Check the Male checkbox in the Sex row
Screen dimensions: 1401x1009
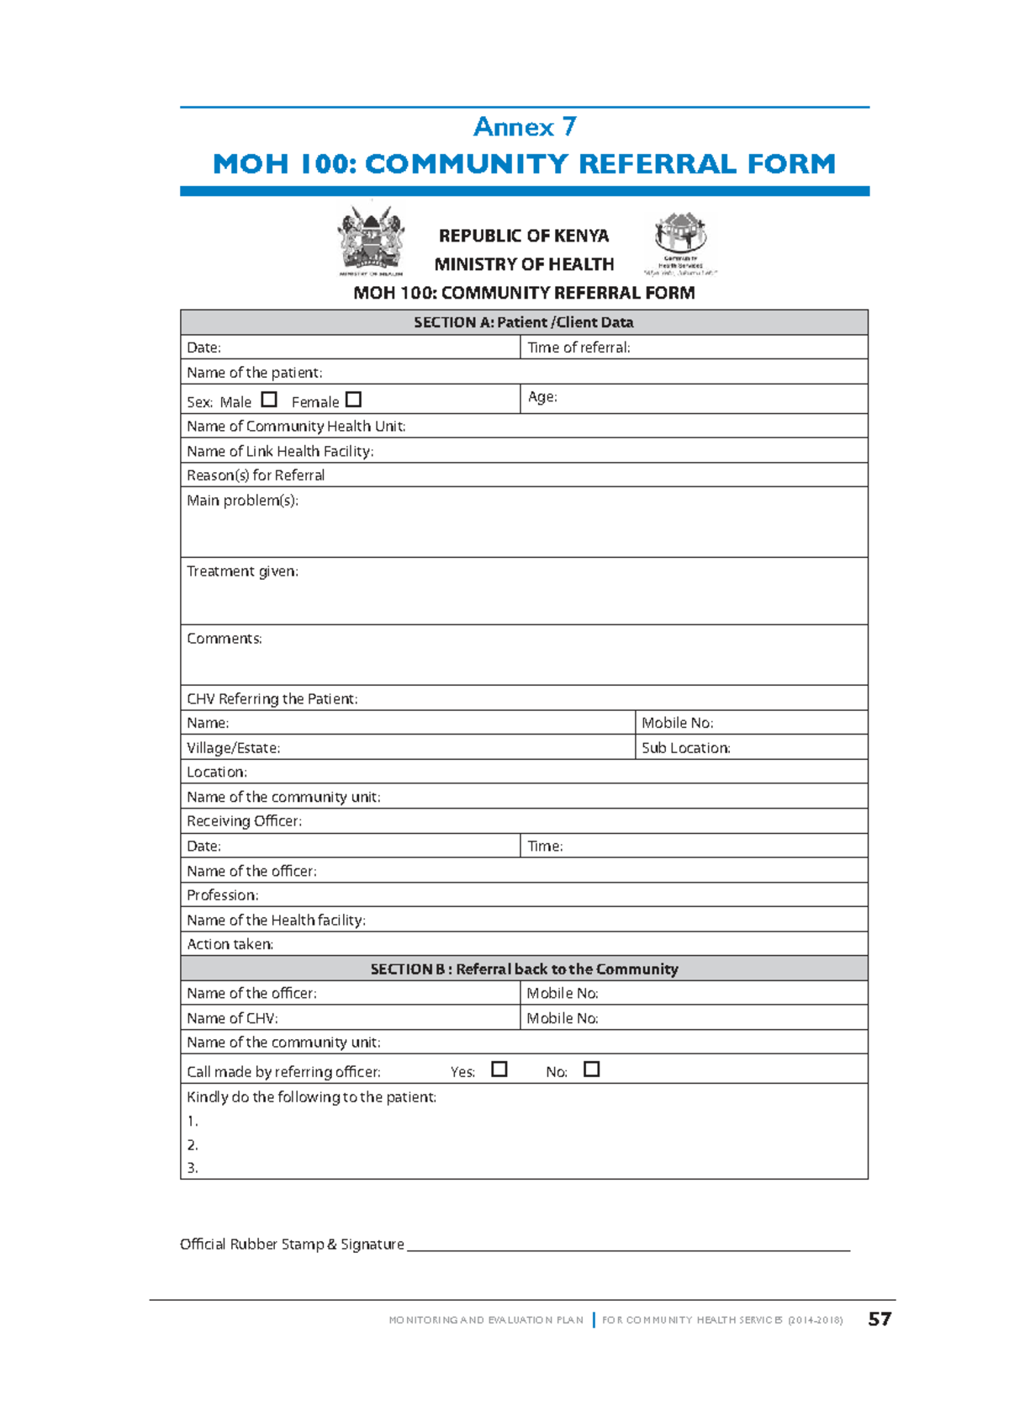click(x=269, y=400)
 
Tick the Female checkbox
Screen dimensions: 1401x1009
click(x=354, y=400)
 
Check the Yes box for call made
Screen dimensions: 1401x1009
click(x=499, y=1069)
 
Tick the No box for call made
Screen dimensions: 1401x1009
click(x=592, y=1069)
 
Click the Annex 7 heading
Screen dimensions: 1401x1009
click(x=525, y=127)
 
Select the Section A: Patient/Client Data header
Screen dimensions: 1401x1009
click(x=524, y=322)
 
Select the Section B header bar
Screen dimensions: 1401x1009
click(x=524, y=969)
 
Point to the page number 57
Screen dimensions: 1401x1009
click(x=880, y=1319)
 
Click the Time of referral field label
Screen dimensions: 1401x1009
click(x=578, y=348)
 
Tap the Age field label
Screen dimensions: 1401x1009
click(x=542, y=397)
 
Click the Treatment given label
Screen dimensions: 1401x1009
click(x=242, y=571)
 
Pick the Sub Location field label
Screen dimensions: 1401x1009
click(x=685, y=748)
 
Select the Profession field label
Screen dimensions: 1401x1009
click(x=223, y=895)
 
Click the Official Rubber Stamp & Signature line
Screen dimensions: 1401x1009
click(x=628, y=1245)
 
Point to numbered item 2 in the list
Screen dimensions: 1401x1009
click(x=193, y=1145)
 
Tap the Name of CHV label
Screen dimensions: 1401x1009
click(x=232, y=1018)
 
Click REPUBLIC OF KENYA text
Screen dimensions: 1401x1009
click(x=524, y=236)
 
